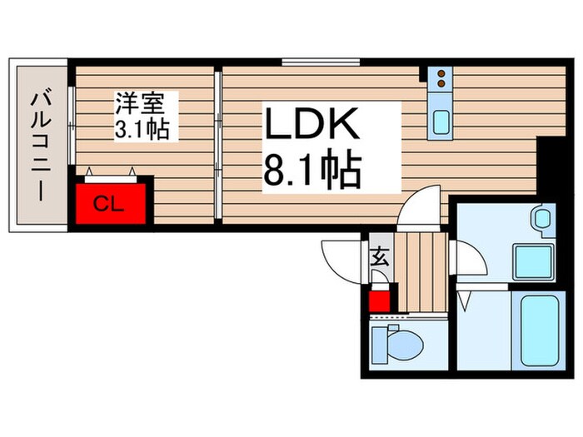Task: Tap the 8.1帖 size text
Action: click(311, 171)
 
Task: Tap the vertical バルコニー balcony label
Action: click(38, 146)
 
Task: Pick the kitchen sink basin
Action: click(440, 123)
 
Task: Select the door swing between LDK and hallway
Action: click(421, 208)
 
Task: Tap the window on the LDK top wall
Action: click(321, 61)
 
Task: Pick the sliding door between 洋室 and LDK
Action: click(217, 146)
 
